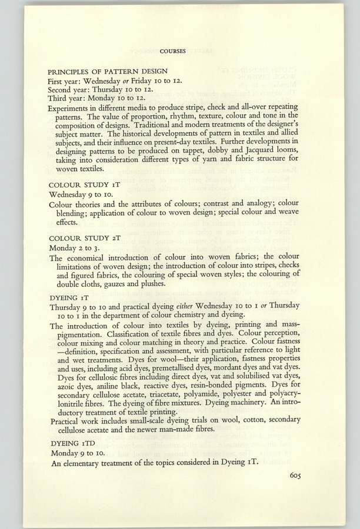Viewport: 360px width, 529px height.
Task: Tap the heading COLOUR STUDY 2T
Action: [x=85, y=238]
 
